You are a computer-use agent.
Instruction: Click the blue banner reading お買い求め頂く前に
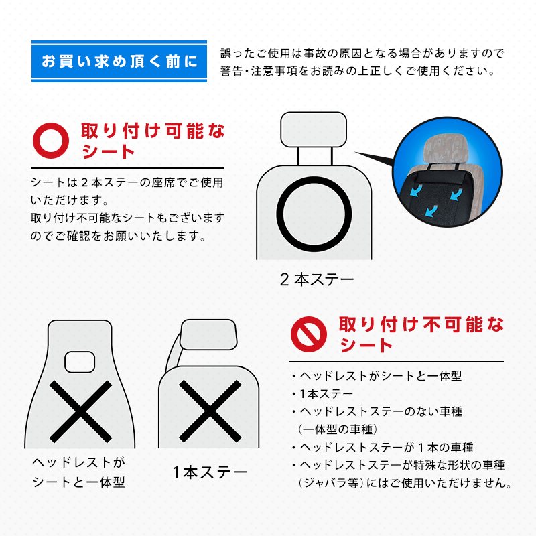tap(119, 62)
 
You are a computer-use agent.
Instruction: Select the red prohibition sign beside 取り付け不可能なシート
tap(309, 334)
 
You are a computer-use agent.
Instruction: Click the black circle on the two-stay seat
tap(314, 181)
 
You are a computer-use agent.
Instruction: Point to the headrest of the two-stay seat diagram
tap(314, 129)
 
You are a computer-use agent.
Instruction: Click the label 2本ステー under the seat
tap(317, 279)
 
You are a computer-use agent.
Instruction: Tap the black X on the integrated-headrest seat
tap(80, 411)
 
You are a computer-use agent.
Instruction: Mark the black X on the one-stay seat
tap(210, 411)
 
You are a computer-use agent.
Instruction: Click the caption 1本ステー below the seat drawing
tap(210, 472)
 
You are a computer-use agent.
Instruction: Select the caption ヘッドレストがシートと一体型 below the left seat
tap(79, 472)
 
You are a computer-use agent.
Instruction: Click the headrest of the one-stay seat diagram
tap(208, 334)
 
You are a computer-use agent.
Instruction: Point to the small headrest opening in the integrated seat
tap(80, 362)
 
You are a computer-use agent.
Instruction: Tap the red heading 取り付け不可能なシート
tap(421, 334)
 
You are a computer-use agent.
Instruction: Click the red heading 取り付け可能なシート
tap(153, 141)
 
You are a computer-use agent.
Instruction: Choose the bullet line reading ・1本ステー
tap(323, 394)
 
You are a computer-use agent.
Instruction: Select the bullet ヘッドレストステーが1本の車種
tap(382, 447)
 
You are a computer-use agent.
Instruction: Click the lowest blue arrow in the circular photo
tap(432, 210)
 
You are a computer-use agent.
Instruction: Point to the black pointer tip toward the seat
tap(355, 153)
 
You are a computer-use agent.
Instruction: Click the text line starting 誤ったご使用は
tap(362, 54)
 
